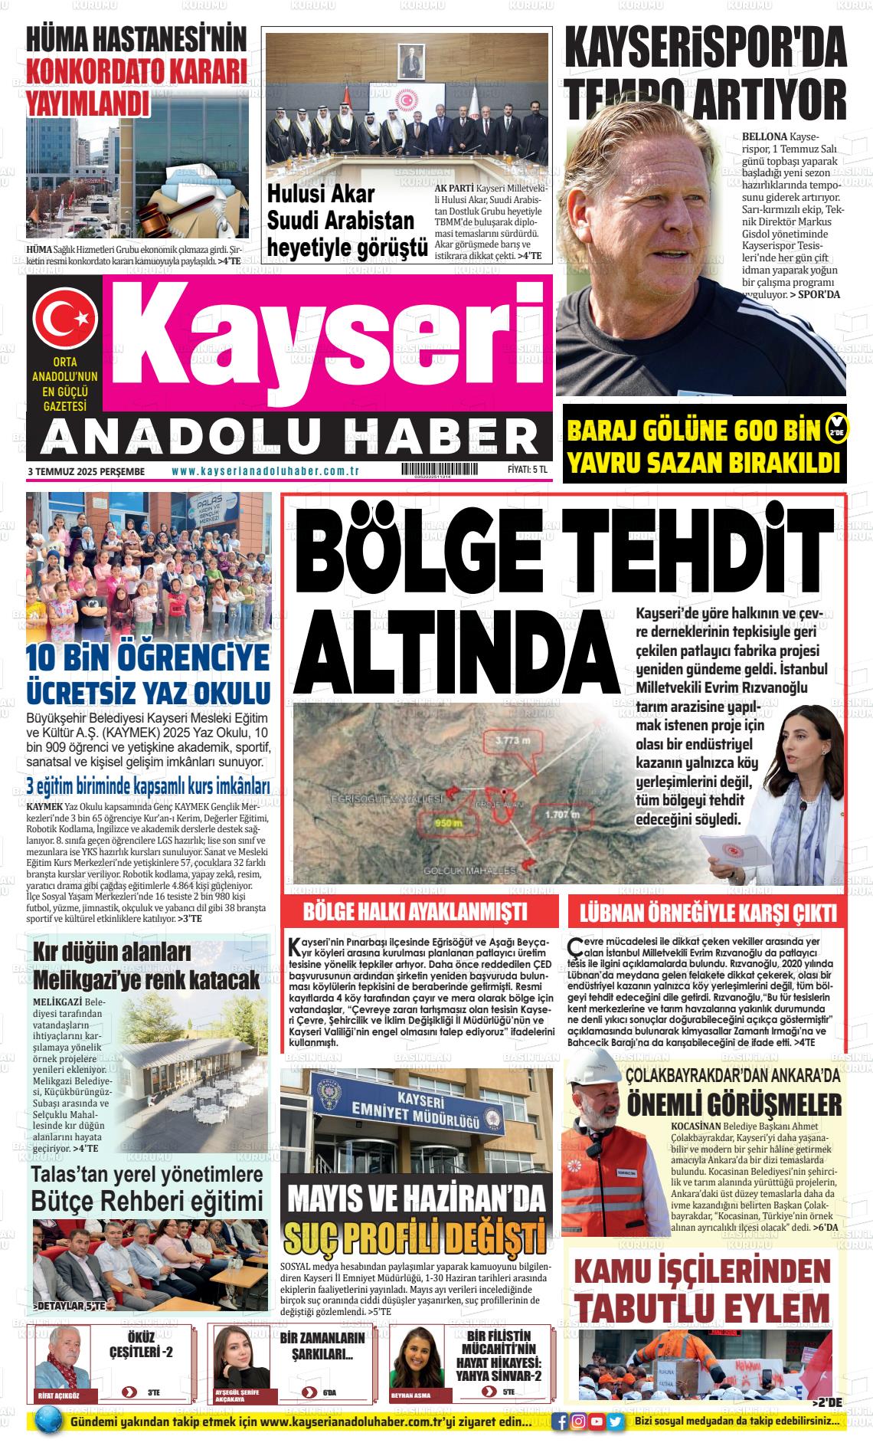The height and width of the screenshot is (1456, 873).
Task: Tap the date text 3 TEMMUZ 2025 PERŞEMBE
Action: pos(86,471)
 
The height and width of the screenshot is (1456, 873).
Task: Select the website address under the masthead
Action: pos(266,471)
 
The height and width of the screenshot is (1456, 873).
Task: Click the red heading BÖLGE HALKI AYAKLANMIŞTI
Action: pos(415,913)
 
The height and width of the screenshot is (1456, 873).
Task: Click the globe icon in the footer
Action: pos(47,1423)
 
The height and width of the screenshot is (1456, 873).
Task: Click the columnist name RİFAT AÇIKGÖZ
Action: pos(57,1395)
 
